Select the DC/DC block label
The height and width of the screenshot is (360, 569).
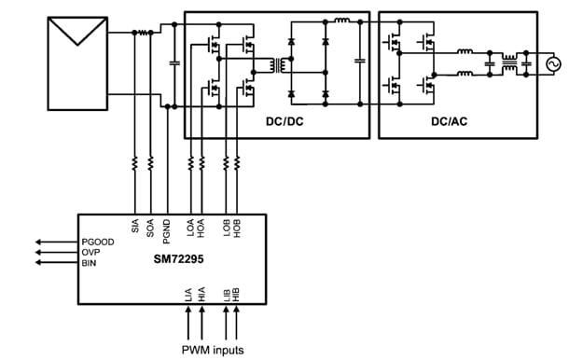point(279,121)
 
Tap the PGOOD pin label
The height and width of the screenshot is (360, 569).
point(99,242)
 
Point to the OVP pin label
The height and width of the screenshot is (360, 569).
point(91,252)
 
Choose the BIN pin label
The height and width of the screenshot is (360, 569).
point(90,263)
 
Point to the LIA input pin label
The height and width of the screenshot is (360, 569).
point(191,296)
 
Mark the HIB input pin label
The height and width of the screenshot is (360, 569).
point(238,296)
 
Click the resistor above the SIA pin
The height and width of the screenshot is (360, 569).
point(136,163)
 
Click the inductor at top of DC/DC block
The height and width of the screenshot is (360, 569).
point(341,20)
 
